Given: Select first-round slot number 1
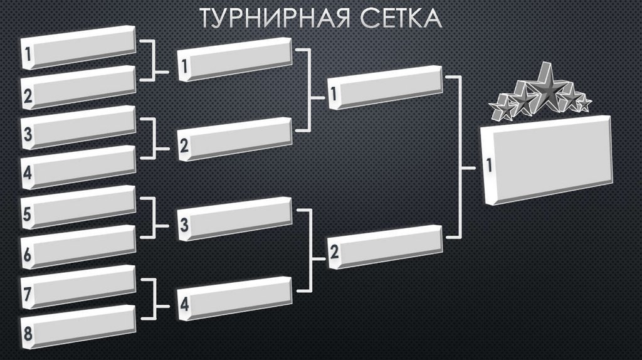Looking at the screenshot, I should point(78,48).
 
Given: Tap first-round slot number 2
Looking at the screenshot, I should point(78,88).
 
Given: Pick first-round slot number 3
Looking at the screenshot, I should point(78,128).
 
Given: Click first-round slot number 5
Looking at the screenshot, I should point(78,208).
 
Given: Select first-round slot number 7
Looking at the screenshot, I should point(78,287).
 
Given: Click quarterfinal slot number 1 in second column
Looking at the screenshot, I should point(235,60).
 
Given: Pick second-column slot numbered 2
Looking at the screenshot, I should point(235,139).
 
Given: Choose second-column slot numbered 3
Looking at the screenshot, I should point(235,219).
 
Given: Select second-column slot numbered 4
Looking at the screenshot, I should point(235,299).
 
